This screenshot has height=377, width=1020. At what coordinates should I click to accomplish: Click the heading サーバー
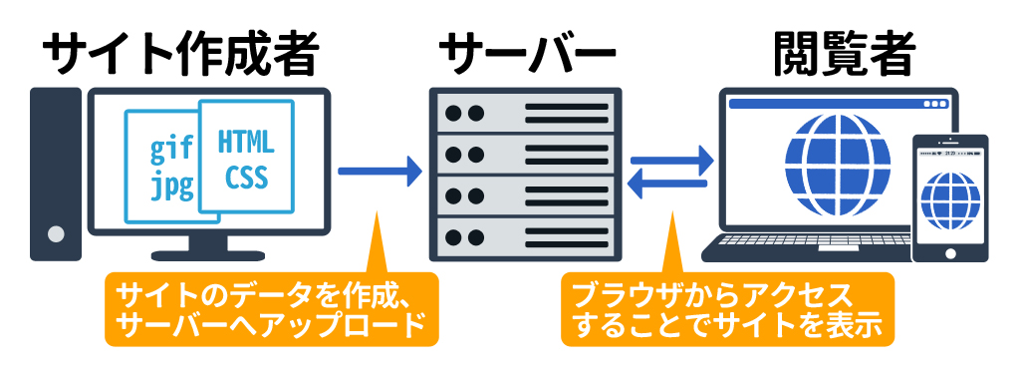coord(526,55)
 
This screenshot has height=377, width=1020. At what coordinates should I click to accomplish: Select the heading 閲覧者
coord(845,55)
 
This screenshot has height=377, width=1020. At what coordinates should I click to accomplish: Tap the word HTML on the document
coord(245,142)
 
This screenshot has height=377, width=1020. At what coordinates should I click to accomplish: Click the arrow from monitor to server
coord(381,172)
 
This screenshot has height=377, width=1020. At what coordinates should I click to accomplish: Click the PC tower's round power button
coord(56,233)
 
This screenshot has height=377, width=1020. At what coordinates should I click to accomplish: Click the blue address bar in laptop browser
coord(839,104)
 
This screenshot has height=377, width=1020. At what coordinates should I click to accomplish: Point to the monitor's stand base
coord(208,256)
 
